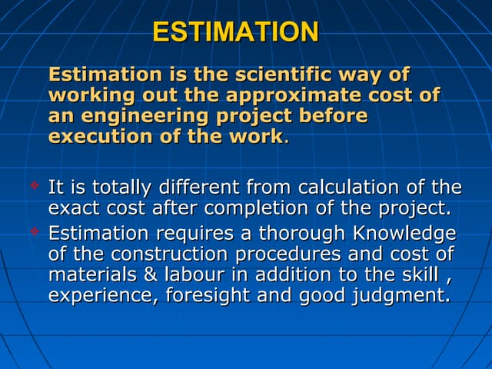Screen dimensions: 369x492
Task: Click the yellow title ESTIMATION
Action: (235, 32)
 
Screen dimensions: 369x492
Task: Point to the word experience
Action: (98, 295)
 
